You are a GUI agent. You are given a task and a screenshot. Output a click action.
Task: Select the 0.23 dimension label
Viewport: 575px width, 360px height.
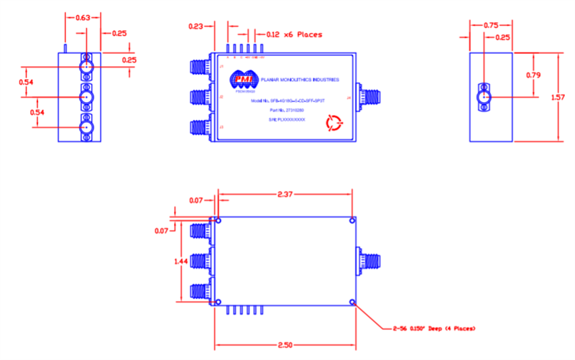pos(195,27)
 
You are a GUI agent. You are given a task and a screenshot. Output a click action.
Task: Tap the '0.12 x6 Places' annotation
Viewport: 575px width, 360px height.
pos(294,34)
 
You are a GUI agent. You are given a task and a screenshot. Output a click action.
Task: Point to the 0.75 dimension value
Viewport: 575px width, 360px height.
pos(490,25)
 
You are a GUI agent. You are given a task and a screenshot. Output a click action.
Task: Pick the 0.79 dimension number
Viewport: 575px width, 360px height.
pos(533,75)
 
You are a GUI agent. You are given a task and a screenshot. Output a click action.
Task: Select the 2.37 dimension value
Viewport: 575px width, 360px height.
pos(285,193)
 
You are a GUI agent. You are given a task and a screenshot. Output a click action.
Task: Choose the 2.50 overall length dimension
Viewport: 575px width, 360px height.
pos(285,346)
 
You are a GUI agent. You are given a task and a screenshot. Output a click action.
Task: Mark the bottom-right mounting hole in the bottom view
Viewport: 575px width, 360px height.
pos(351,302)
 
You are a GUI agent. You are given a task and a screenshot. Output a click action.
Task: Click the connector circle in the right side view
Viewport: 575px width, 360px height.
pos(484,96)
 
